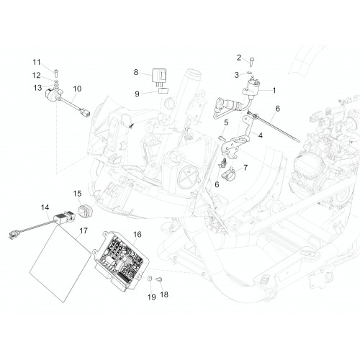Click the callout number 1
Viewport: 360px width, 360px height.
coord(274,91)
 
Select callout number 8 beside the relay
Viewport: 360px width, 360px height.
coord(136,72)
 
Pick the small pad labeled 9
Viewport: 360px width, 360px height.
coord(163,91)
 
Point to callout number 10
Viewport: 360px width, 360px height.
coord(77,89)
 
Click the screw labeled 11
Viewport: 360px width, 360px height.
coord(56,72)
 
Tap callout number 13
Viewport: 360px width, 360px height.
coord(37,88)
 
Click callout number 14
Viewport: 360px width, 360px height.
coord(45,207)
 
